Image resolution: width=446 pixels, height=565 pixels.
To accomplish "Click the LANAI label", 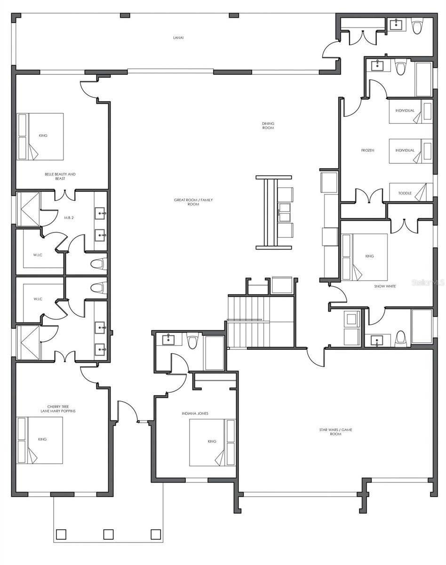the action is (178, 38).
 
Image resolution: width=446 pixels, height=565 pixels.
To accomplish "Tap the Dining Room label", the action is (268, 126).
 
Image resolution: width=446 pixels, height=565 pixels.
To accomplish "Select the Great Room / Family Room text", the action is (193, 202).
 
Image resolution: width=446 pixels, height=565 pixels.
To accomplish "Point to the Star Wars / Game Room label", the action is (335, 432).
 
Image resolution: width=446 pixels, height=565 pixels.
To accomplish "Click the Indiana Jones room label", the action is (195, 413).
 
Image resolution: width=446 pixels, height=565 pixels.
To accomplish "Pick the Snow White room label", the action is (385, 286).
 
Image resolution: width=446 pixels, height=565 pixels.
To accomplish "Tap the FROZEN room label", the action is (367, 151).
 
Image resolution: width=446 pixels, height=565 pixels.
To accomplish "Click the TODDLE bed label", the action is (405, 193).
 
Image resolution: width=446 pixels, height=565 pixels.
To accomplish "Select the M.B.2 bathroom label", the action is (69, 218).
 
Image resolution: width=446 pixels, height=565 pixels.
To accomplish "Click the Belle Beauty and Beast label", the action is (60, 176).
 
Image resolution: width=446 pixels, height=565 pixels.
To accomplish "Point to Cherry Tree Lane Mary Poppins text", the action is (58, 409).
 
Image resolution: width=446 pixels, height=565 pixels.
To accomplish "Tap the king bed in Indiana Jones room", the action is (212, 443).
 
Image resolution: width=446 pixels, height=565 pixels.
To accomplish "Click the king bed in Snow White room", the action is (365, 257).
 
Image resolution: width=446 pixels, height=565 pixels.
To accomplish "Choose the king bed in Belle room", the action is (40, 137).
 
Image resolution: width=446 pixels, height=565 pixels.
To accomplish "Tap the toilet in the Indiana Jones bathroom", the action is (192, 340).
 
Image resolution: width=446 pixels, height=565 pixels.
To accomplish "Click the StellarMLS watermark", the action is (428, 282).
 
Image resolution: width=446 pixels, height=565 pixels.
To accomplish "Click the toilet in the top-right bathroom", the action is (417, 26).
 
